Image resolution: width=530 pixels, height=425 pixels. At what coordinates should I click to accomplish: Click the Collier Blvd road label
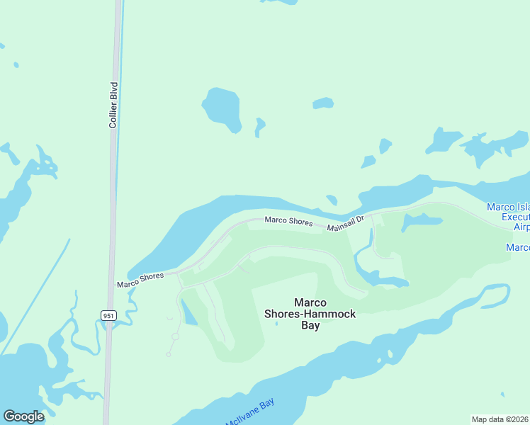point(113,105)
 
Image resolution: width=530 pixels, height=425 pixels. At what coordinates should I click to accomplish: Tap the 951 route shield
point(108,315)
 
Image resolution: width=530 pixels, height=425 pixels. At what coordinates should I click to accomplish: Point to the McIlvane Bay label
point(249,413)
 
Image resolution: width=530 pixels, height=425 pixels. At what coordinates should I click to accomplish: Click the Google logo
point(23,416)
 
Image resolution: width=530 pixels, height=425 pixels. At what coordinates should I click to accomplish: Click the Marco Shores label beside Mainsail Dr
point(288,221)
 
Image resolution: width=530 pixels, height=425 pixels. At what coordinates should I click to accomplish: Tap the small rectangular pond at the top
point(323,103)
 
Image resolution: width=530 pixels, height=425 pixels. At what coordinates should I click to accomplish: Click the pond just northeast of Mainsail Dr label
point(421,222)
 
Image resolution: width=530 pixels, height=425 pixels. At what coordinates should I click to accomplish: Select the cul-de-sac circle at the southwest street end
point(175,336)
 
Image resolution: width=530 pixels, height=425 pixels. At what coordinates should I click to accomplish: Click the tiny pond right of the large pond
point(259,127)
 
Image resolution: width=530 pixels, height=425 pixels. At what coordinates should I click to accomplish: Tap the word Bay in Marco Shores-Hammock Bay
point(310,326)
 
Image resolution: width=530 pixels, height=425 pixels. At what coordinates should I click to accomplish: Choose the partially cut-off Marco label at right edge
point(518,247)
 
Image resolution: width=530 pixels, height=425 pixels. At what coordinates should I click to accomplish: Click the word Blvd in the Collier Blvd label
point(113,93)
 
